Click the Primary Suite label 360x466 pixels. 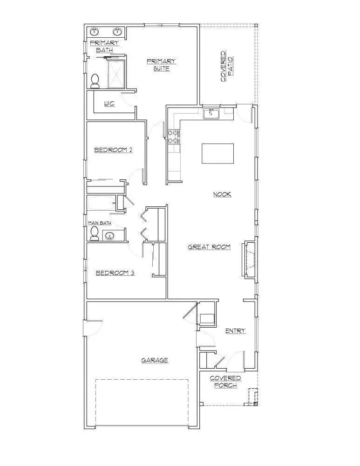(x=161, y=65)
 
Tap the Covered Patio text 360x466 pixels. (x=227, y=66)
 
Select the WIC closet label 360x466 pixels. (x=109, y=103)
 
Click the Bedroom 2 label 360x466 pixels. (x=114, y=150)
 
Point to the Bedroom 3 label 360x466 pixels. (x=115, y=273)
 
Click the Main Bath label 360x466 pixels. (x=100, y=223)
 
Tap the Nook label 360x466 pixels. (x=222, y=194)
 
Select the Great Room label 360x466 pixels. (x=209, y=247)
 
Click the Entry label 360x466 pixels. (x=235, y=331)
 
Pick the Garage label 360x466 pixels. (x=155, y=360)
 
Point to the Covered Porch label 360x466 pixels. (x=225, y=382)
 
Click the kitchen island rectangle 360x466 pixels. (x=218, y=154)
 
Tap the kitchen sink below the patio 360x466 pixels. (x=211, y=113)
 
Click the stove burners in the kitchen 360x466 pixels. (x=174, y=136)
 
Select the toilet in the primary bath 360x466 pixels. (x=95, y=81)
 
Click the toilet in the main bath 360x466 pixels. (x=95, y=234)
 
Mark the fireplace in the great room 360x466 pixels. (x=248, y=259)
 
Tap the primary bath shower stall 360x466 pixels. (x=117, y=74)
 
